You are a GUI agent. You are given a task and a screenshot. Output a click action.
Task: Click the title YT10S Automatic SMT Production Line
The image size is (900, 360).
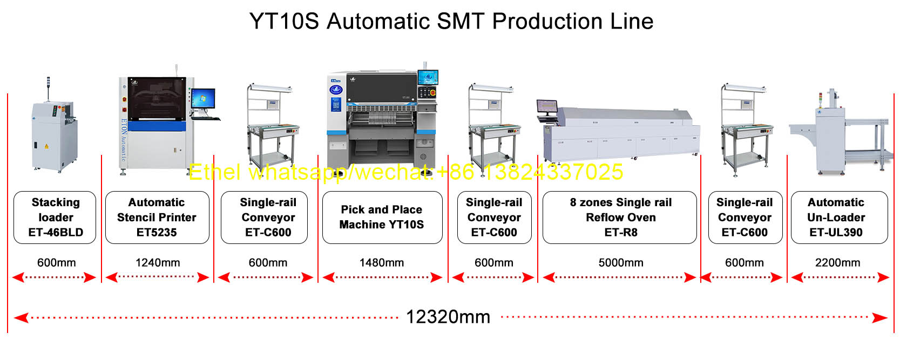click(x=451, y=21)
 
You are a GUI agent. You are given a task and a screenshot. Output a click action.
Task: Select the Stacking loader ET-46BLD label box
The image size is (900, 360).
click(x=55, y=218)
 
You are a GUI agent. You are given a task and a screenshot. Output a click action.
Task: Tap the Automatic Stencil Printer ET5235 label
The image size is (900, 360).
click(x=157, y=218)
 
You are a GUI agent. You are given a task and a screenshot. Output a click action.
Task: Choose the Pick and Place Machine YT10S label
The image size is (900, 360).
click(x=382, y=218)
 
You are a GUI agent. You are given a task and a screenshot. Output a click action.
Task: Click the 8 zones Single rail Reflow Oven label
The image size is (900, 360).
click(x=620, y=218)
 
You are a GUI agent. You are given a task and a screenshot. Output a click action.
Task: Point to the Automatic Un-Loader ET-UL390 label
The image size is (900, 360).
click(x=840, y=218)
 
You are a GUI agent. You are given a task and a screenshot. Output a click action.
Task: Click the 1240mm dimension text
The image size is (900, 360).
click(x=158, y=263)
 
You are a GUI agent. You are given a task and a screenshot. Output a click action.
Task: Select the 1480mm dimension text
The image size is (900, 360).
click(x=381, y=263)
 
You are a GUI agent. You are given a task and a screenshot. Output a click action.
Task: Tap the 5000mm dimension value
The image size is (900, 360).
click(x=621, y=263)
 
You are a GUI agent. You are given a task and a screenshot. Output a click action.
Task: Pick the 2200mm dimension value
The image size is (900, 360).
click(x=837, y=263)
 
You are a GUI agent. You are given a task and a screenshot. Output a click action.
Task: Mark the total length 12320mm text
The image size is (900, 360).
click(x=448, y=317)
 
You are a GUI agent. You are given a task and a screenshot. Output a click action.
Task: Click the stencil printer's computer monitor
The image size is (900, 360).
click(x=204, y=98)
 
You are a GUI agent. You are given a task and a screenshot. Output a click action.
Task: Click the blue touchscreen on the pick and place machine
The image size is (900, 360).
click(x=428, y=77)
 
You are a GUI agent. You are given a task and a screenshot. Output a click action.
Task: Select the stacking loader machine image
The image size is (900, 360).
click(x=54, y=128)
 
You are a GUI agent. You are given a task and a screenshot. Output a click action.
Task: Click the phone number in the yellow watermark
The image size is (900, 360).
click(x=553, y=172)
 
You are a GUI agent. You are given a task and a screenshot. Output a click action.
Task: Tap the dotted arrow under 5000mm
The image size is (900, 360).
click(x=620, y=277)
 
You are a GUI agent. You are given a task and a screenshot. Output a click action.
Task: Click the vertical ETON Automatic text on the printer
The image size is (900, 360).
click(x=124, y=139)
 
